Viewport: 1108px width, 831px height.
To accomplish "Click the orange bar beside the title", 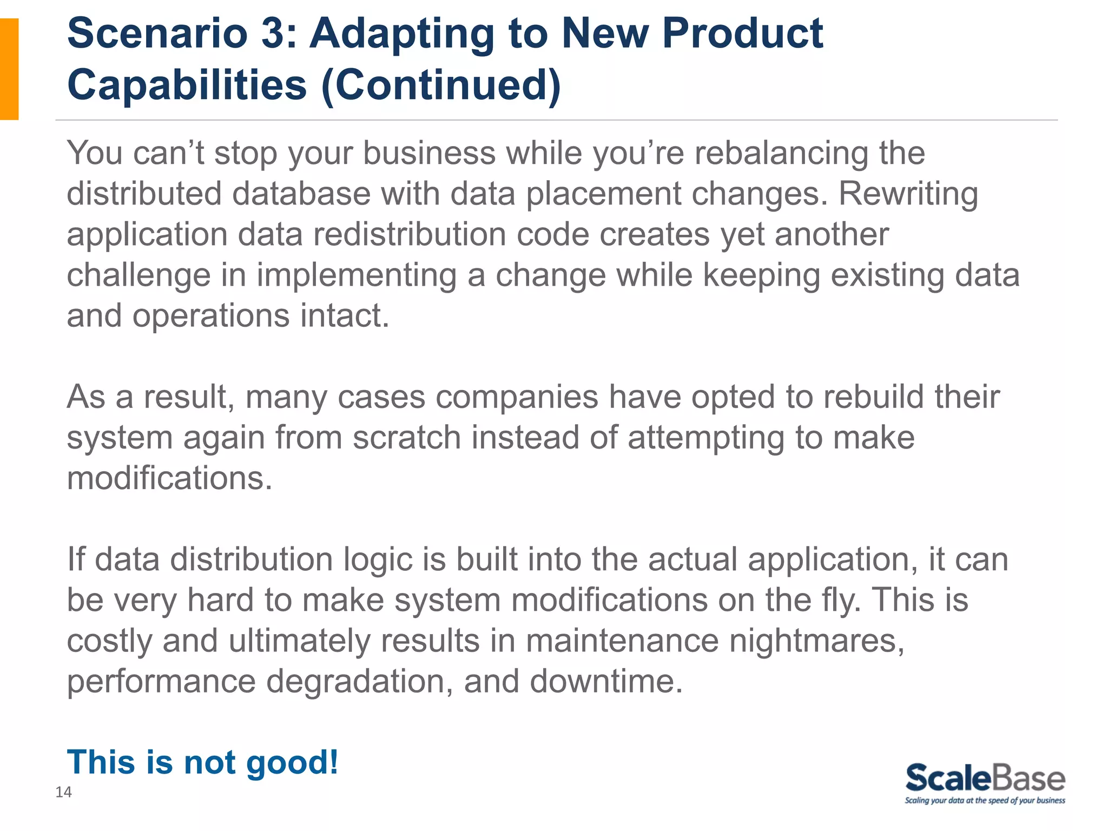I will [x=9, y=69].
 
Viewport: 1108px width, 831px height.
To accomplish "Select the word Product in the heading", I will [x=742, y=34].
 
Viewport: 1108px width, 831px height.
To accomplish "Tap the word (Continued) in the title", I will [x=441, y=85].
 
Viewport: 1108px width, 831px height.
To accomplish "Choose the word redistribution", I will [x=409, y=235].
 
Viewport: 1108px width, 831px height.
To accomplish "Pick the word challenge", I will [x=138, y=275].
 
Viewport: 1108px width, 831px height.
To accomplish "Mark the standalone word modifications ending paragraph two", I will [x=169, y=478].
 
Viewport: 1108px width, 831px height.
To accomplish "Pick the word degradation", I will [x=359, y=682].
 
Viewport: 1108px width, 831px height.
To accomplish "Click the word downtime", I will [x=606, y=682].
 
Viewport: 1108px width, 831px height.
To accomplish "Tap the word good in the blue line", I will [x=292, y=763].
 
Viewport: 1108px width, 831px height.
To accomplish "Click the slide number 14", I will [x=63, y=793].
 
